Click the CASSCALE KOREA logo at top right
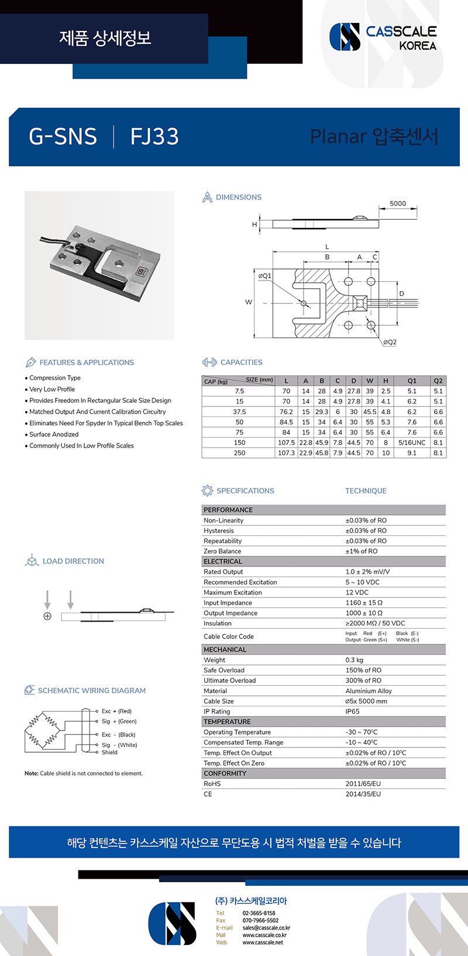tap(383, 37)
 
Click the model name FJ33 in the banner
tap(154, 136)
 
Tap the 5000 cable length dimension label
tap(398, 204)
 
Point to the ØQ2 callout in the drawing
tap(390, 342)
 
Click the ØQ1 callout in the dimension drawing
tap(265, 275)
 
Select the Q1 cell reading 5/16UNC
tap(412, 443)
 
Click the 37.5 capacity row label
tap(239, 412)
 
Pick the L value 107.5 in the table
tap(286, 443)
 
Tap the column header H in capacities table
tap(386, 381)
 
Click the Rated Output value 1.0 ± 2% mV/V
tap(367, 572)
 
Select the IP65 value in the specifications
tap(353, 712)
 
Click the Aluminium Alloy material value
tap(369, 691)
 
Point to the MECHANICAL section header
tap(225, 650)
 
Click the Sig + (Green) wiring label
tap(119, 722)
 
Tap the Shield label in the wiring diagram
tap(109, 753)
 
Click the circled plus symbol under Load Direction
tap(47, 616)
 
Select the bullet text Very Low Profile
tap(52, 390)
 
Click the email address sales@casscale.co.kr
tap(266, 928)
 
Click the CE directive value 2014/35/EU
tap(363, 794)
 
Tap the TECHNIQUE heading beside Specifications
tap(366, 491)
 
